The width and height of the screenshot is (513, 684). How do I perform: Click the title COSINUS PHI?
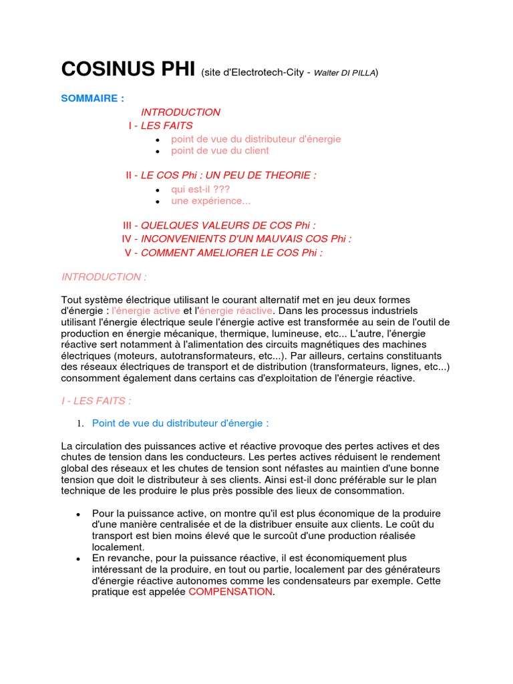click(x=128, y=69)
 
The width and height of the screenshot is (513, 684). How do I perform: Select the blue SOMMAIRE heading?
click(x=92, y=98)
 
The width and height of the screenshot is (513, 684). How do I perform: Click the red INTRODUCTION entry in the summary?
click(x=180, y=112)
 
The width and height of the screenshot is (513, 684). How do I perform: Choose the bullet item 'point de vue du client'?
click(x=220, y=151)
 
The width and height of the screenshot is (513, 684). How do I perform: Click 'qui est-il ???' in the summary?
click(x=200, y=190)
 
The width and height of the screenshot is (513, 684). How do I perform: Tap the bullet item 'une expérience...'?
click(x=210, y=201)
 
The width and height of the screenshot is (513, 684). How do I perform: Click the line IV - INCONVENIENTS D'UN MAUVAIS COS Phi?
click(x=236, y=239)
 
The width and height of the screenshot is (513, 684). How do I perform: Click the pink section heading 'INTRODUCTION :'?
click(x=104, y=277)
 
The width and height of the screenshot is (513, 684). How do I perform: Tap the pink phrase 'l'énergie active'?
click(x=146, y=311)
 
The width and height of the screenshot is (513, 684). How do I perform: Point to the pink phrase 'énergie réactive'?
click(x=236, y=311)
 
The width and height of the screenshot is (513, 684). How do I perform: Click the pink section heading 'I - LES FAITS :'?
click(x=96, y=401)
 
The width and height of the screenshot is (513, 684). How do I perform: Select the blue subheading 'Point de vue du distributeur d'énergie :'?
click(x=180, y=423)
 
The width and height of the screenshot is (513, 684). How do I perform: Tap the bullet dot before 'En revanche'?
click(x=79, y=558)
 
